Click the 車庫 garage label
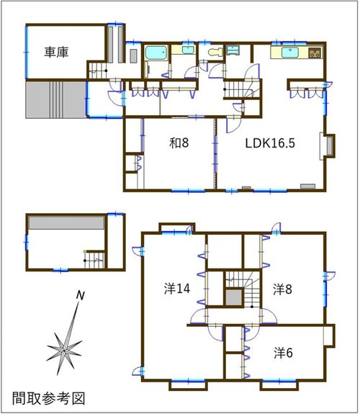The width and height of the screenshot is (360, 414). pyautogui.click(x=56, y=52)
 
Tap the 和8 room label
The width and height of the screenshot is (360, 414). pyautogui.click(x=179, y=143)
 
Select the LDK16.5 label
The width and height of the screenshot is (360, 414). pyautogui.click(x=270, y=143)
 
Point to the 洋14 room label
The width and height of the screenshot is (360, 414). pyautogui.click(x=177, y=288)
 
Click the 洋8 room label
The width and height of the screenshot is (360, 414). pyautogui.click(x=283, y=289)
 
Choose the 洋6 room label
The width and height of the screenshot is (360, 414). pyautogui.click(x=283, y=353)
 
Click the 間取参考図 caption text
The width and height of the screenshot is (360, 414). pyautogui.click(x=48, y=398)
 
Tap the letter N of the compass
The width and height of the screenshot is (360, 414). pyautogui.click(x=81, y=295)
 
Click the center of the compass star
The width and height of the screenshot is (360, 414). pyautogui.click(x=64, y=350)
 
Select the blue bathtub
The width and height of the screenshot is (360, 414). pyautogui.click(x=156, y=53)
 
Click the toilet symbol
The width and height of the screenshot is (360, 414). pyautogui.click(x=215, y=52)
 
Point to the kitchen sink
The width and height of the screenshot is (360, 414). pyautogui.click(x=289, y=52)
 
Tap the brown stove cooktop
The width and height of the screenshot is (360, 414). pyautogui.click(x=315, y=52)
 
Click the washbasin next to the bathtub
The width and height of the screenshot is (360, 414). pyautogui.click(x=188, y=50)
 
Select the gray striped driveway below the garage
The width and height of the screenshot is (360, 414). pyautogui.click(x=56, y=99)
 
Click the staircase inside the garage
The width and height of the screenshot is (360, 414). pyautogui.click(x=97, y=71)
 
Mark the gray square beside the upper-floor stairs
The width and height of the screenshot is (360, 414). pyautogui.click(x=234, y=297)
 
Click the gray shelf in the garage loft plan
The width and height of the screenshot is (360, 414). pyautogui.click(x=66, y=223)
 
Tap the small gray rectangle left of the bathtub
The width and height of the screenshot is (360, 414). pyautogui.click(x=133, y=56)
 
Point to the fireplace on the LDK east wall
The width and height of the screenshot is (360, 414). pyautogui.click(x=328, y=146)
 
